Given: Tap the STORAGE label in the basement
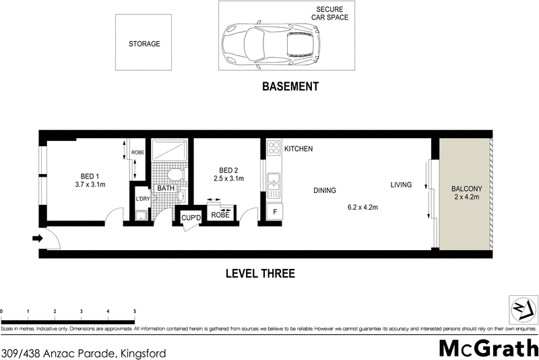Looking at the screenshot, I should pos(144,44).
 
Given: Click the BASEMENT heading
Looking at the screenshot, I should pos(290,86).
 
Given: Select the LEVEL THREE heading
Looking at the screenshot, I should pos(259,274).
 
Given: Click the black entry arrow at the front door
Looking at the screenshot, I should pos(36,238).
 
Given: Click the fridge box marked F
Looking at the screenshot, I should pos(275,212).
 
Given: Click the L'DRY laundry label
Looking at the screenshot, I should pos(142,199).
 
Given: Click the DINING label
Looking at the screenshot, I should pos(324,191).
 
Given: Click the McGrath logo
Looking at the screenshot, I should pos(488,347).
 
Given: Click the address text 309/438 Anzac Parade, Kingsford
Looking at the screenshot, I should pos(84,353).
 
